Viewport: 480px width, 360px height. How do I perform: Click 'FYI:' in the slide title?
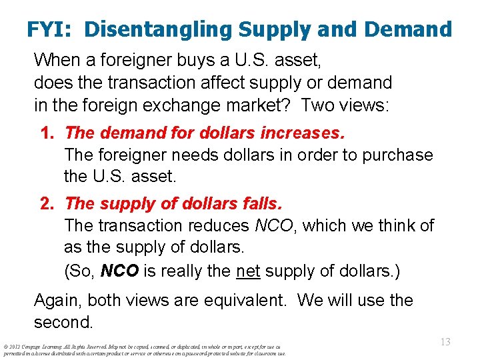pyautogui.click(x=51, y=29)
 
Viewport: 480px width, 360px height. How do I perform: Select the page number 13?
pyautogui.click(x=445, y=342)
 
